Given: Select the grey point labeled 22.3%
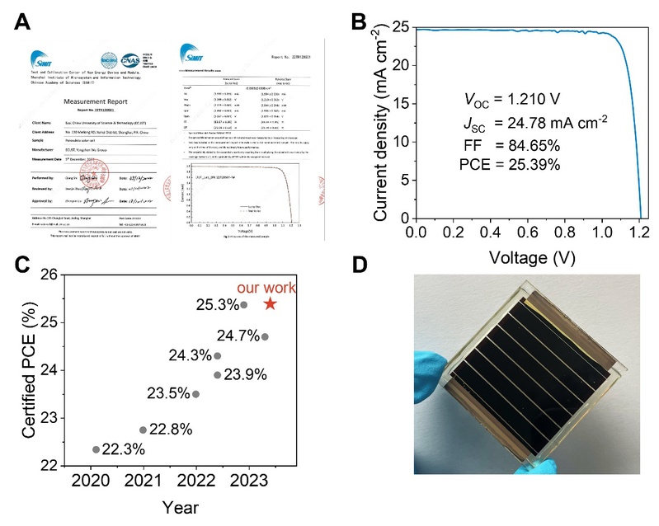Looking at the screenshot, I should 96,449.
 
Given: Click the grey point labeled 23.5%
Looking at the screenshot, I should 195,394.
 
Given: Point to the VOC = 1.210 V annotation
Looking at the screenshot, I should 512,101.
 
